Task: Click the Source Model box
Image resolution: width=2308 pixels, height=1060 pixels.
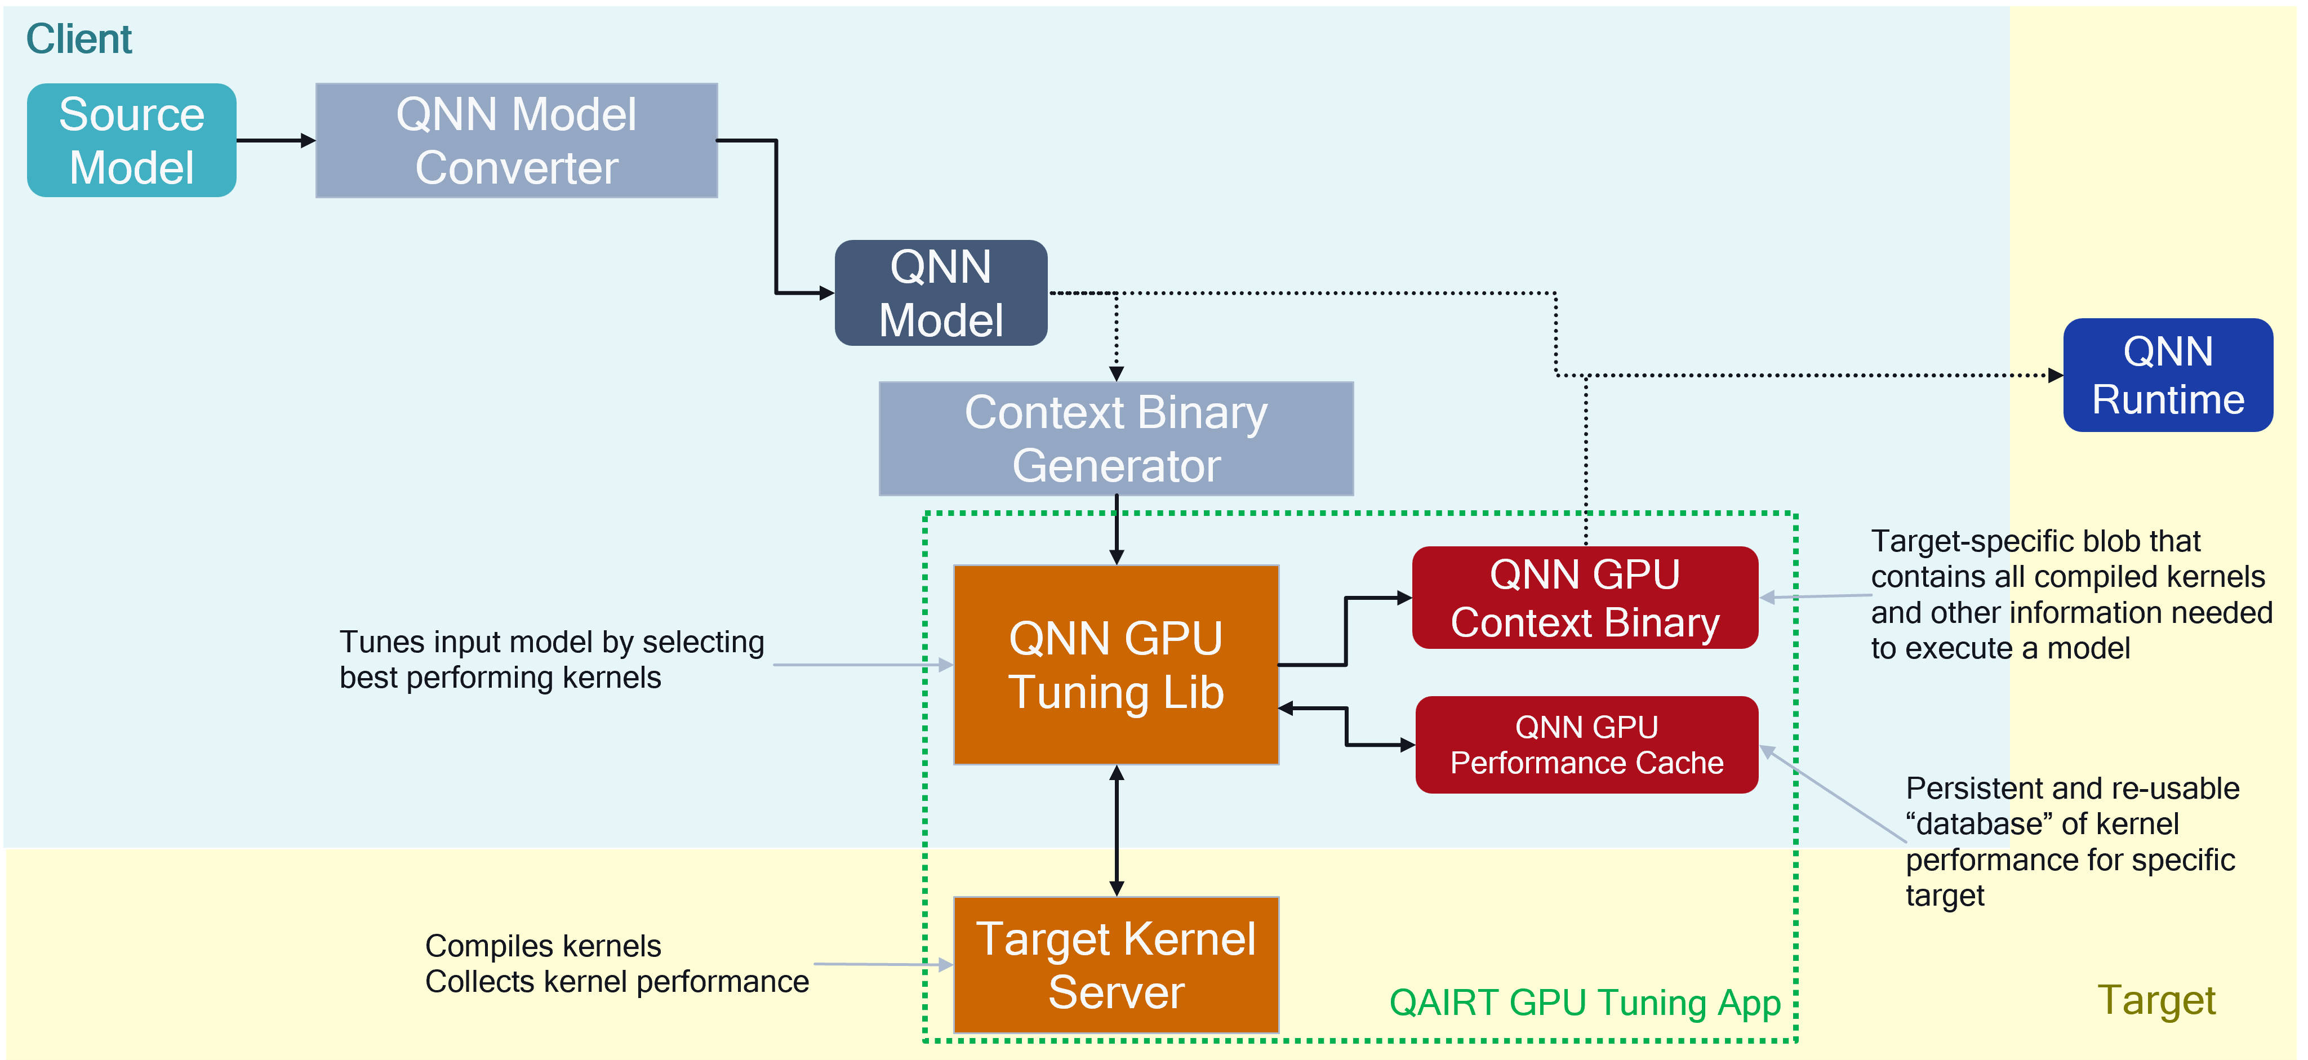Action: (132, 141)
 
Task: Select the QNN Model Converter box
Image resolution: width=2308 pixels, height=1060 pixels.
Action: (516, 141)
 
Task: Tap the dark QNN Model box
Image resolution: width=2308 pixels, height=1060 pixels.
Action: (941, 293)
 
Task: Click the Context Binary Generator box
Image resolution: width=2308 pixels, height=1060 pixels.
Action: (1115, 439)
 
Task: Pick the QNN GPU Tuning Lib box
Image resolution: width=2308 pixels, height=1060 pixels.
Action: (1115, 665)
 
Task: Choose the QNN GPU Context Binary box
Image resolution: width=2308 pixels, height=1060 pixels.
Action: (1585, 598)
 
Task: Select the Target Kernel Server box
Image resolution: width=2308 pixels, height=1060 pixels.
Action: (1115, 965)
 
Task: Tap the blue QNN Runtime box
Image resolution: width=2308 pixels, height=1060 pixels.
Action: (2167, 376)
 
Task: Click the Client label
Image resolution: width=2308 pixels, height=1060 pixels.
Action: (79, 39)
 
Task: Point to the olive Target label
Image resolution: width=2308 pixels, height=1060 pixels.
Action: (2156, 1000)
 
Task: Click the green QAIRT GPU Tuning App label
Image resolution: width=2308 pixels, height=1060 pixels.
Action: (1584, 1003)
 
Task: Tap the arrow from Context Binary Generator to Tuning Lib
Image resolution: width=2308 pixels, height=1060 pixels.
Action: (1117, 531)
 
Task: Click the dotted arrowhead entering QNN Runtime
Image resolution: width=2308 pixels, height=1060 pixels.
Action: (2054, 376)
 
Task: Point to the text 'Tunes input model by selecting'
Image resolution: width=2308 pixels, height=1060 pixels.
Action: (551, 643)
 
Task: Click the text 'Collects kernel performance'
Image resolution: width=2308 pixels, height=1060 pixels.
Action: (616, 982)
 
